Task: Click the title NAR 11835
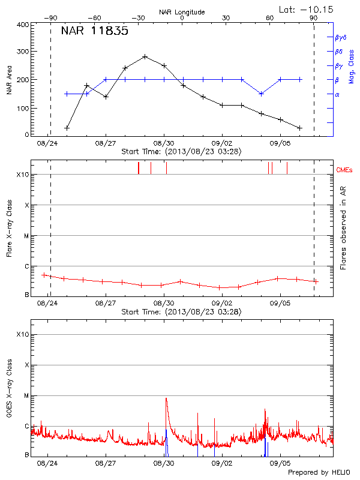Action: (95, 32)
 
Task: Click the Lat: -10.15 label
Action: (307, 9)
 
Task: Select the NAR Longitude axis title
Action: (182, 12)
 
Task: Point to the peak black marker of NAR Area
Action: (145, 56)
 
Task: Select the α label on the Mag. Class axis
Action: (337, 94)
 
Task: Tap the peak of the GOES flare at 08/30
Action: (166, 398)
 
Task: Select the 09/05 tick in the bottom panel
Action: (280, 463)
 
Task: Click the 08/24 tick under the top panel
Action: (47, 144)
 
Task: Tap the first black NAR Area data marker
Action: (67, 128)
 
